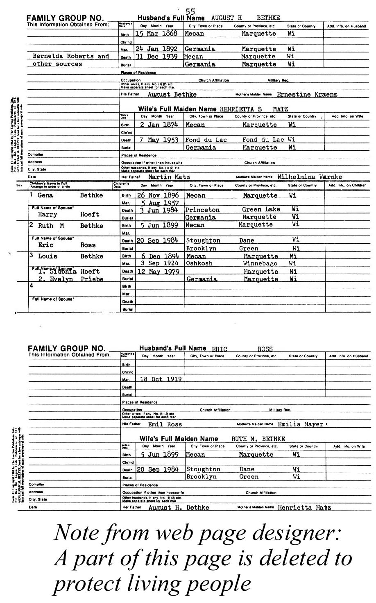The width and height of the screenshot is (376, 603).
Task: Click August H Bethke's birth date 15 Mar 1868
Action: pos(157,34)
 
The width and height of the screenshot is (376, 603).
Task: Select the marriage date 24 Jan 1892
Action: pos(156,49)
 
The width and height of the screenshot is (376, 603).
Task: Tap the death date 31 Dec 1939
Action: pos(156,57)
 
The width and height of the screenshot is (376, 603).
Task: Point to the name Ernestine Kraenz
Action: pos(307,95)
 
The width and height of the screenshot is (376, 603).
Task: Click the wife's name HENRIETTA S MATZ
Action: pos(254,109)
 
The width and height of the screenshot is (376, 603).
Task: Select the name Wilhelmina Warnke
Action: pos(310,177)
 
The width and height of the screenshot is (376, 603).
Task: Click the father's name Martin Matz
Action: pos(169,177)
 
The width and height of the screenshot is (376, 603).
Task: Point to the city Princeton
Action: pos(202,210)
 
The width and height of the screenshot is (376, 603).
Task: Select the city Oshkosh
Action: pos(199,263)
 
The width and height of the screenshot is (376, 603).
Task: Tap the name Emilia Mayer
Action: pos(301,424)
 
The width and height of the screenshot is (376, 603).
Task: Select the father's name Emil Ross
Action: pos(165,424)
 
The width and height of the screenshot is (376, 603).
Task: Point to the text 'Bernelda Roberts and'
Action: pos(70,56)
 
